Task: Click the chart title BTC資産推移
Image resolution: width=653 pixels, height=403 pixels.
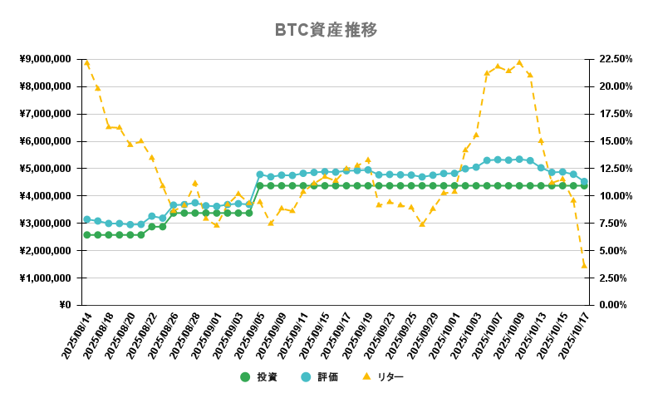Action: click(x=326, y=31)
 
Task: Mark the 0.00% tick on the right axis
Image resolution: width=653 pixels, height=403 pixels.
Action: click(x=613, y=305)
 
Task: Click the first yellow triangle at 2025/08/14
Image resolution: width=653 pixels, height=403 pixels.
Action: click(x=86, y=63)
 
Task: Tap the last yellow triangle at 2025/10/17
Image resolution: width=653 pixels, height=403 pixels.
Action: click(x=584, y=265)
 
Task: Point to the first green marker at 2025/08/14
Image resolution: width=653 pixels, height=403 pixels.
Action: click(x=86, y=235)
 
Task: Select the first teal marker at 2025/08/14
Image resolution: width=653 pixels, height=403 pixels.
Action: click(x=86, y=219)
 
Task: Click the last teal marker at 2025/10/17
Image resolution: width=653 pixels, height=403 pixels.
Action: click(x=584, y=182)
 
